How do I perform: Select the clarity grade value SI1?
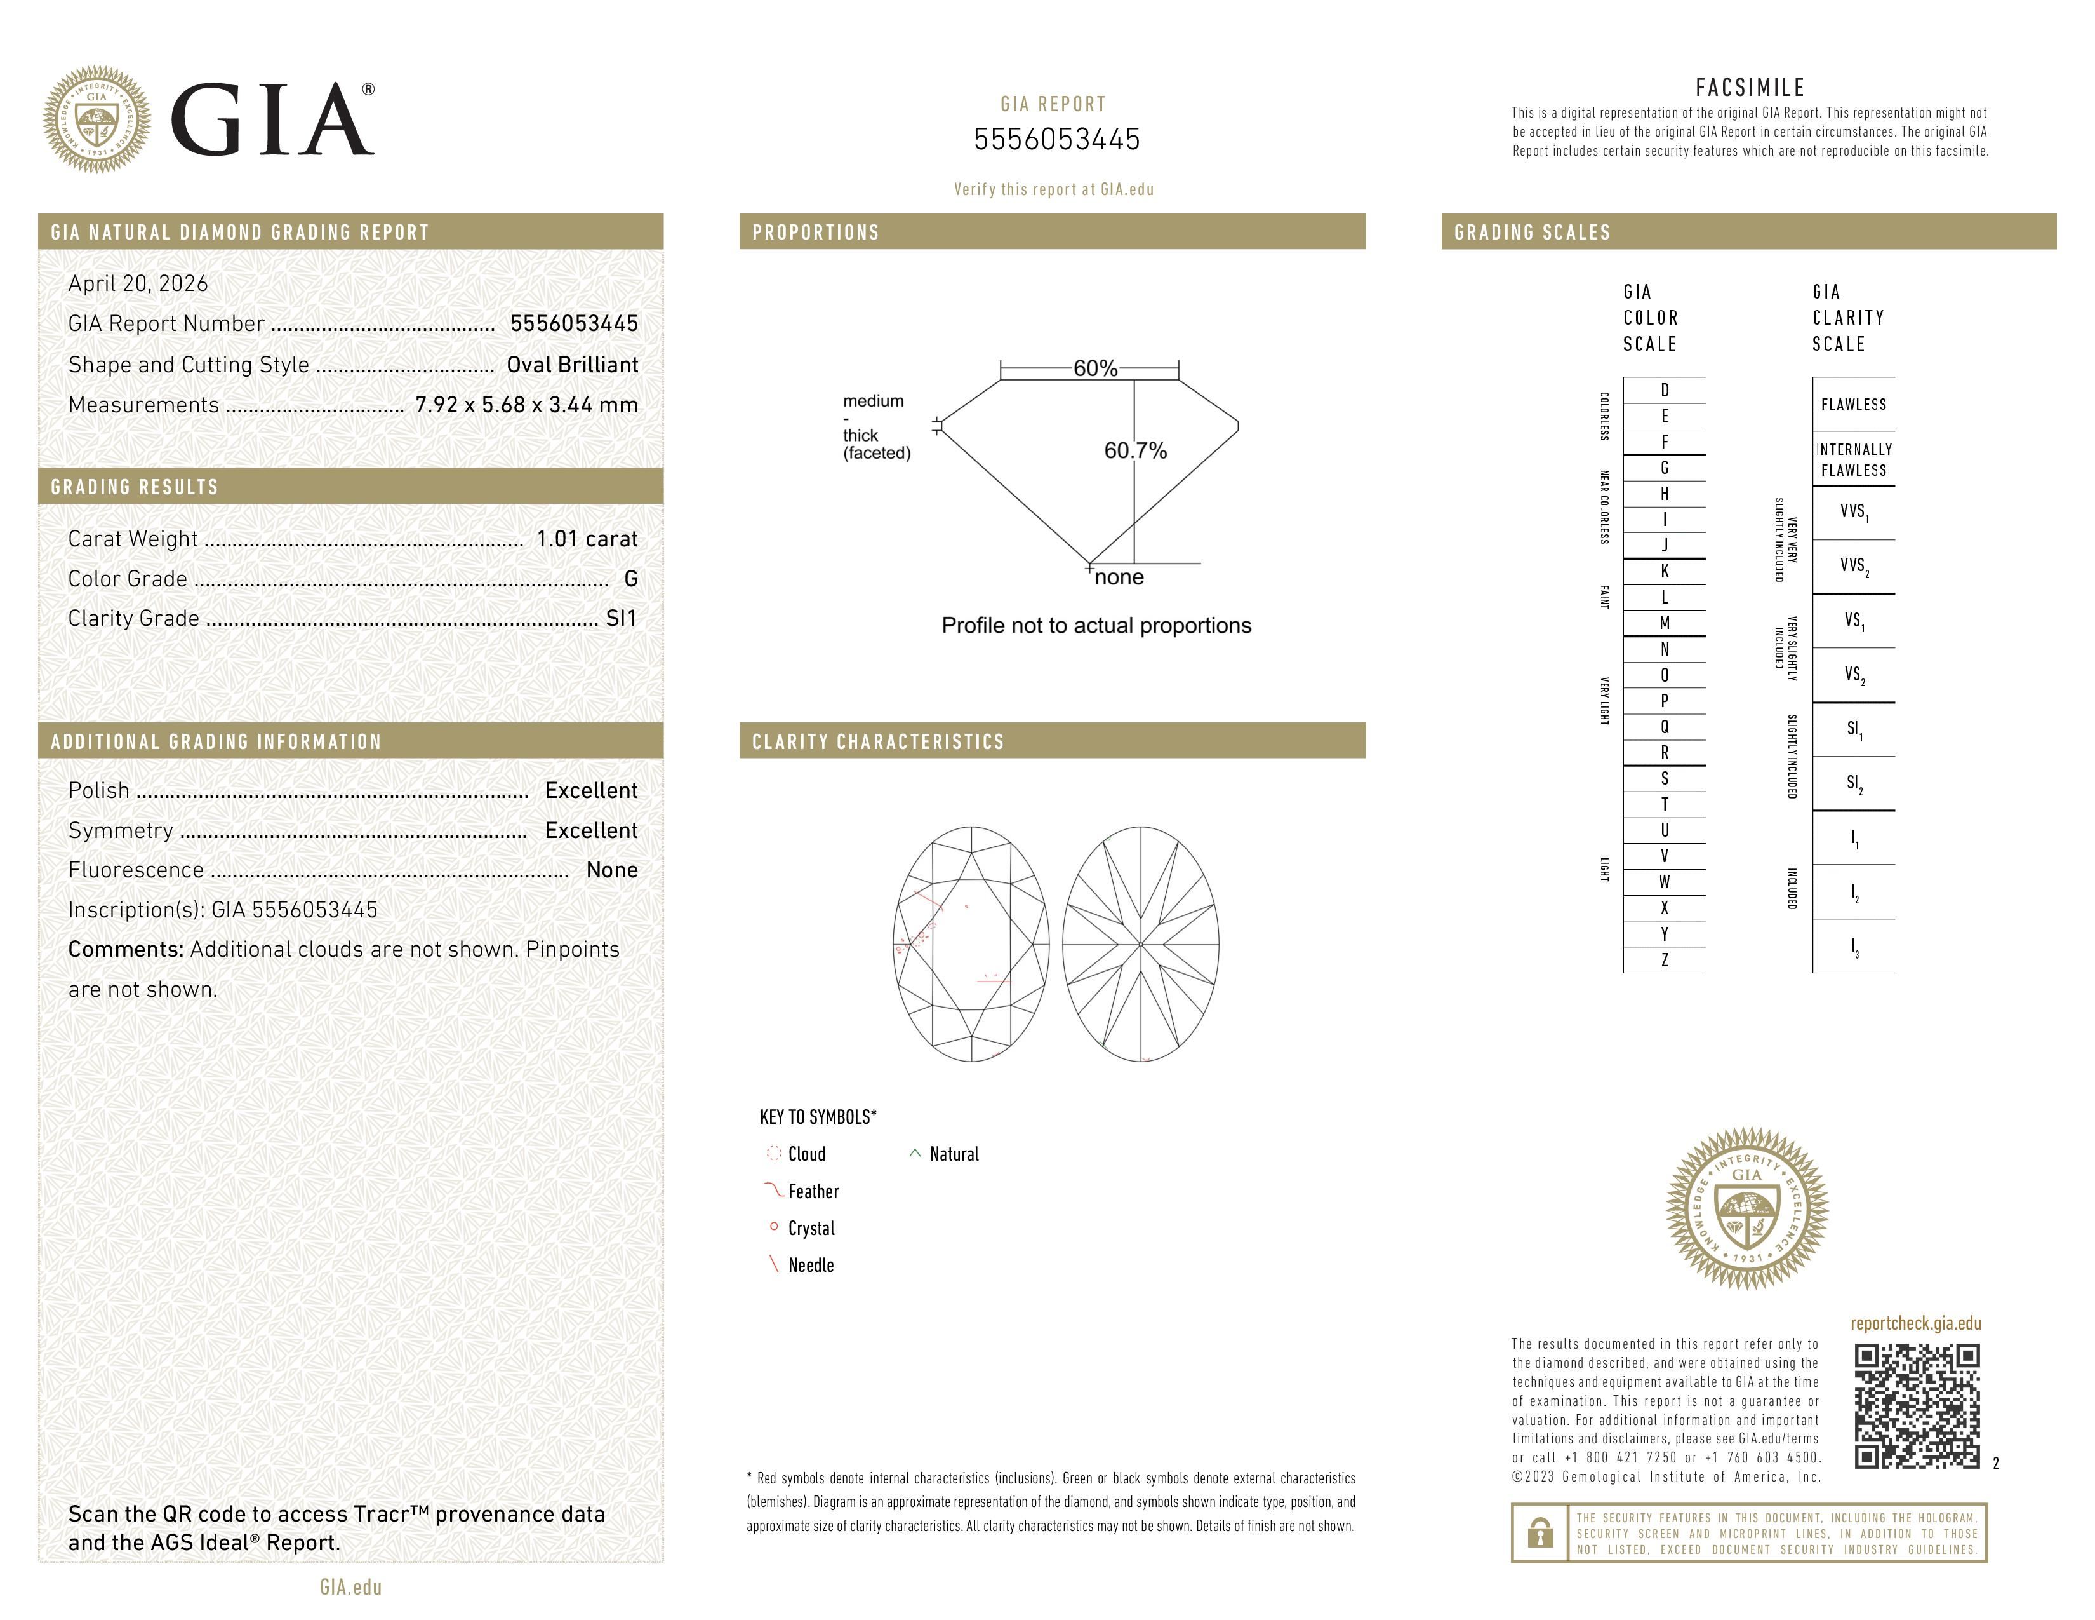click(x=621, y=618)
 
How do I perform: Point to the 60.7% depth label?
click(x=1135, y=450)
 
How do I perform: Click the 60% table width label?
click(x=1094, y=368)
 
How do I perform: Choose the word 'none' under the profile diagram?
click(x=1119, y=577)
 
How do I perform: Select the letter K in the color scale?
click(x=1665, y=571)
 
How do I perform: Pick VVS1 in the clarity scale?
click(x=1853, y=511)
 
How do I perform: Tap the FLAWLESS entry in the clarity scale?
click(x=1853, y=404)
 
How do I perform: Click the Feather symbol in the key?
click(x=774, y=1191)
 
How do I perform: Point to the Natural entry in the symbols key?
click(x=952, y=1154)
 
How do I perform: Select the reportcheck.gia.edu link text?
click(x=1915, y=1323)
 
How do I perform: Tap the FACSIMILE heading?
click(x=1750, y=87)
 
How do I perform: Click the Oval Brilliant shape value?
click(x=572, y=365)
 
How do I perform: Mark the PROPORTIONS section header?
click(x=815, y=233)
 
